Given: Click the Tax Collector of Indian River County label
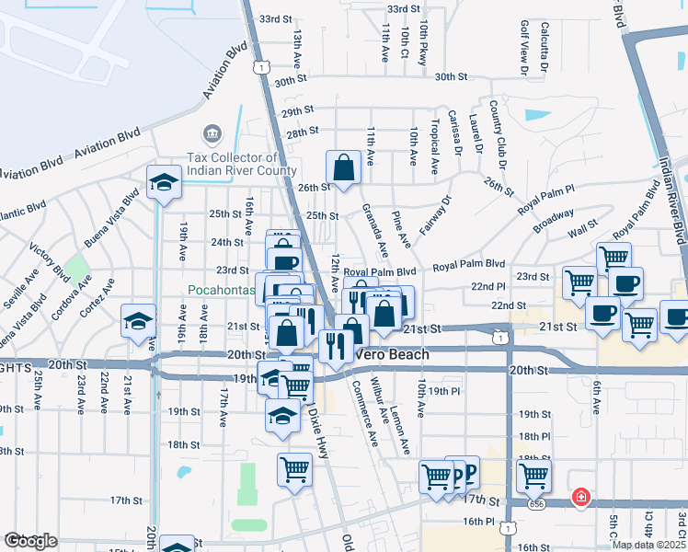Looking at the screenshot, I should point(241,164).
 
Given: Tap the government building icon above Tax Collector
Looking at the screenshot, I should point(213,136).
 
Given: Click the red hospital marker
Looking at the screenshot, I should point(580,498).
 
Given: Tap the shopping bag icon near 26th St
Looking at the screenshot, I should point(343,168).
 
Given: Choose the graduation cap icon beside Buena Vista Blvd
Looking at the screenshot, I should point(164,183).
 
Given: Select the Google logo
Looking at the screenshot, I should point(30,541).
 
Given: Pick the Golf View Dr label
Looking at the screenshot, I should point(524,47).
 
